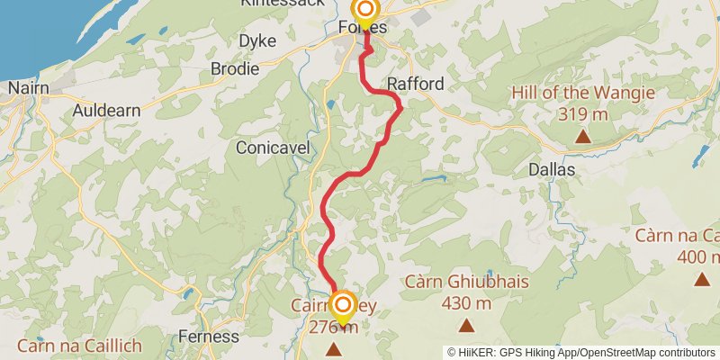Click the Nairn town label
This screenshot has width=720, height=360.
[27, 88]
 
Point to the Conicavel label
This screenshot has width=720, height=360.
[273, 147]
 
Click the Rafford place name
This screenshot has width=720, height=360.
[415, 84]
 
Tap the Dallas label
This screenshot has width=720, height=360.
[552, 168]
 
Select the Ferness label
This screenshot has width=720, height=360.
[209, 337]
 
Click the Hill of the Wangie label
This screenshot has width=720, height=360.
[582, 93]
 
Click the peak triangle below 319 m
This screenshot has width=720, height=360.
[583, 137]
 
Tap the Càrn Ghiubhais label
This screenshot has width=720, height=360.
[467, 282]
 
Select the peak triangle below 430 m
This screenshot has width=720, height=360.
[467, 326]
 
